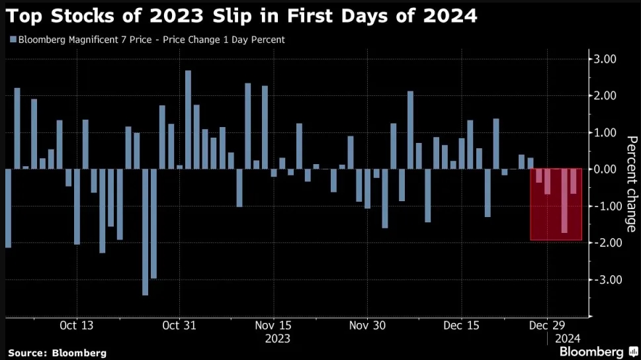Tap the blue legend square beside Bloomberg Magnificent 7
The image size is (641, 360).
(13, 40)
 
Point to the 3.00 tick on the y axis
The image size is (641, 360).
(606, 60)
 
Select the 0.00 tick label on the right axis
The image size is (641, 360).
(606, 169)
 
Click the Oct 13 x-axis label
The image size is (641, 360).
(77, 326)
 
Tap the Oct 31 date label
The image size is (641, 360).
(179, 326)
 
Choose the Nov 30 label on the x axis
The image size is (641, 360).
(367, 326)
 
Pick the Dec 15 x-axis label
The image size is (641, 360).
(462, 326)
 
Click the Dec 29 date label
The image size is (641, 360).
(547, 326)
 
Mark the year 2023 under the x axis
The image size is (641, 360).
(277, 338)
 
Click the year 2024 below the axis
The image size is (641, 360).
(568, 338)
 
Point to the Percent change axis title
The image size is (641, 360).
(631, 183)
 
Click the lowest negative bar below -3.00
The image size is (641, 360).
(145, 232)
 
